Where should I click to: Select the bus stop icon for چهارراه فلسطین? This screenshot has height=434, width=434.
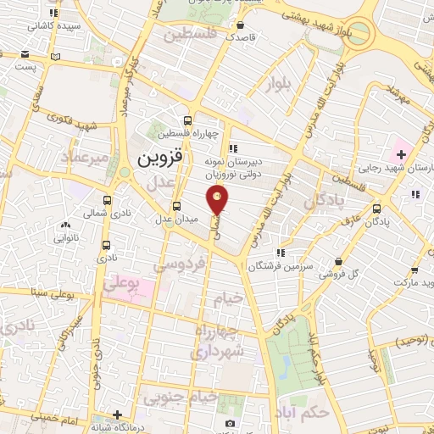[x=189, y=120]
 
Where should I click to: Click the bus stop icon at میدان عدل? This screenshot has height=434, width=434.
[x=176, y=206]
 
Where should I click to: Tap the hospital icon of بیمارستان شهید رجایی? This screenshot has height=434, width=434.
[x=400, y=155]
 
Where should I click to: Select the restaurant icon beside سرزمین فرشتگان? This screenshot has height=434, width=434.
[x=280, y=252]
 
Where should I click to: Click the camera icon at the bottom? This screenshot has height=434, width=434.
[x=228, y=423]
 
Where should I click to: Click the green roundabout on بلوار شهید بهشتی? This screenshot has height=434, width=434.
[x=359, y=34]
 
